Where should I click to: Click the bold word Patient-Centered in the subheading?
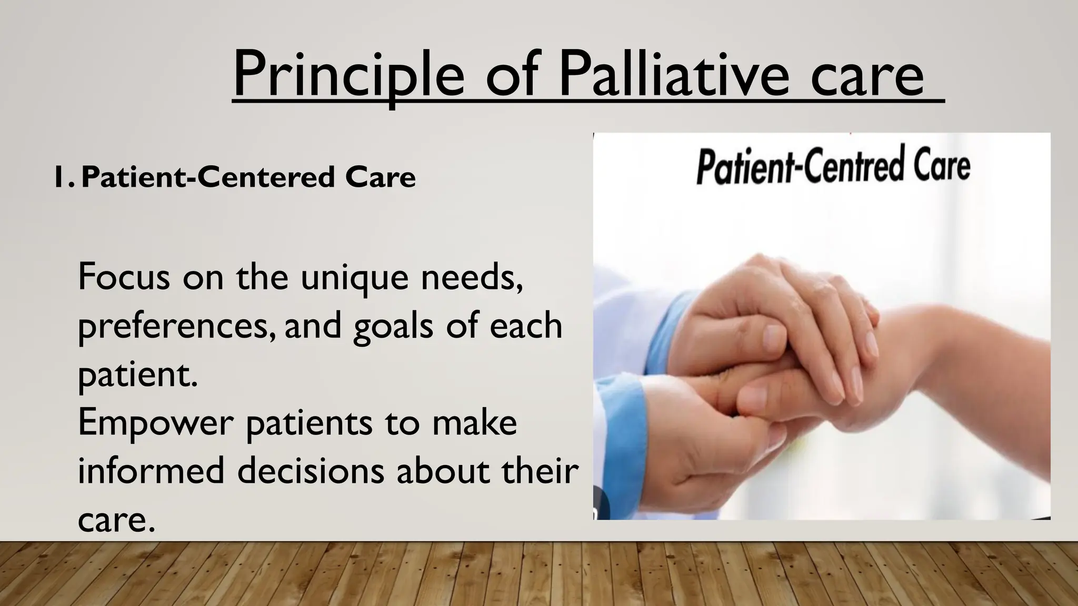tap(208, 177)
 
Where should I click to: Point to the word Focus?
tap(124, 277)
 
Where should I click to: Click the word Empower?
tap(155, 424)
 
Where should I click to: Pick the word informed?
tap(151, 470)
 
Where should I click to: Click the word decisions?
tap(311, 470)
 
